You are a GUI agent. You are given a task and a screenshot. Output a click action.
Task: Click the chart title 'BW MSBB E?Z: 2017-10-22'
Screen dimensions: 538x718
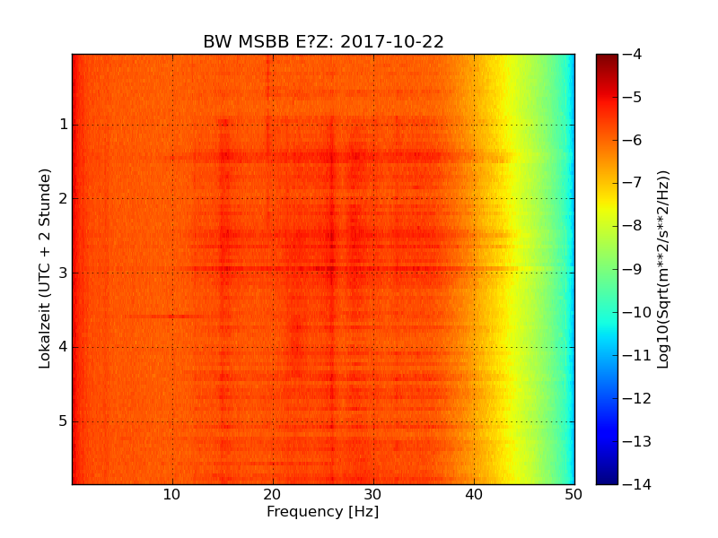323,42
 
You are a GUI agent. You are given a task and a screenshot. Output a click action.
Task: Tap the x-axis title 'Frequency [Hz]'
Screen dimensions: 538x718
322,512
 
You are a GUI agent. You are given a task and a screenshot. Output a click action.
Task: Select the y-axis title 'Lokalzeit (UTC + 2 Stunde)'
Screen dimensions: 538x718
45,268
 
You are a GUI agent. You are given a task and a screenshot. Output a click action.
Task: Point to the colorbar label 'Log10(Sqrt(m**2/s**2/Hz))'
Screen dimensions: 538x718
663,269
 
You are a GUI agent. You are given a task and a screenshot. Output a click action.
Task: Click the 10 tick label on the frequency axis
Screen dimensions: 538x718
172,494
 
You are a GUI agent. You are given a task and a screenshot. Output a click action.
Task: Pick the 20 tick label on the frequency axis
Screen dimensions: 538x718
273,494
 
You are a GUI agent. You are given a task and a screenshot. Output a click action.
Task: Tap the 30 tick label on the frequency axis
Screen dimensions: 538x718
373,494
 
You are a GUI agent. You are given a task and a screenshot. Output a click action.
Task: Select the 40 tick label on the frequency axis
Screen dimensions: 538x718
474,494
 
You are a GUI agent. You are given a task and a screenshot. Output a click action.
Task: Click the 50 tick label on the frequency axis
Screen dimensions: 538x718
574,494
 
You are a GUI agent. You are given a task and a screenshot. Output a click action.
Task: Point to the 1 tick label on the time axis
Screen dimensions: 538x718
64,124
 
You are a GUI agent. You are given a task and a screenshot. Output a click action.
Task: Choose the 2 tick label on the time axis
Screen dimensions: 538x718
64,198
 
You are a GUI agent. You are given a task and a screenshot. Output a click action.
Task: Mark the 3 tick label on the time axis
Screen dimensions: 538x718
64,273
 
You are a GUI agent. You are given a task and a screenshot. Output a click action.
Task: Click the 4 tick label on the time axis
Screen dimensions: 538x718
64,347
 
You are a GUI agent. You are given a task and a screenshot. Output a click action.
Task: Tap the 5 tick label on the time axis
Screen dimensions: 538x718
64,421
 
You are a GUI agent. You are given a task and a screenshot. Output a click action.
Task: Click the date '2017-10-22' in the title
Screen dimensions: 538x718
391,42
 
